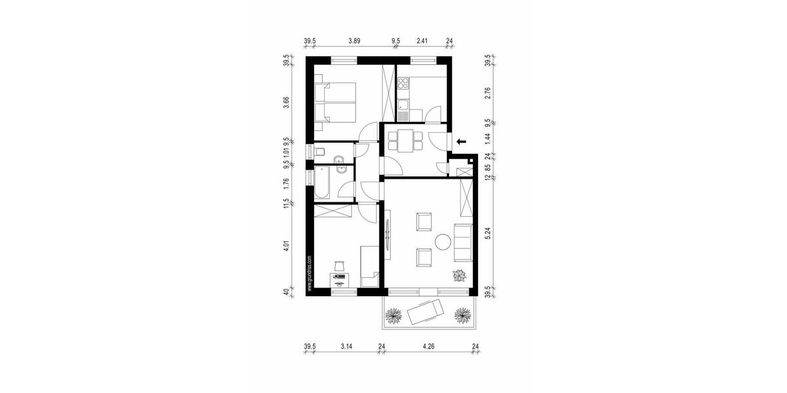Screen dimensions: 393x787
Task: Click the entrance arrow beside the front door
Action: pyautogui.click(x=461, y=140)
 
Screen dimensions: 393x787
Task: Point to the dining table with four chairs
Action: pyautogui.click(x=403, y=141)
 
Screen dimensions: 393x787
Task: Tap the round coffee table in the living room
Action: pyautogui.click(x=444, y=241)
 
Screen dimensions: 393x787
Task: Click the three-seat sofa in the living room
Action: pyautogui.click(x=463, y=241)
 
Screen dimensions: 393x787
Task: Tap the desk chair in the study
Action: pyautogui.click(x=339, y=265)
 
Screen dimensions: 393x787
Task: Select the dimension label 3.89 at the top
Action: pyautogui.click(x=354, y=40)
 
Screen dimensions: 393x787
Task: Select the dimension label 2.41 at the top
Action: pyautogui.click(x=423, y=40)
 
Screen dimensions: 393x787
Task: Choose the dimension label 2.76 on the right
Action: pyautogui.click(x=487, y=93)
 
